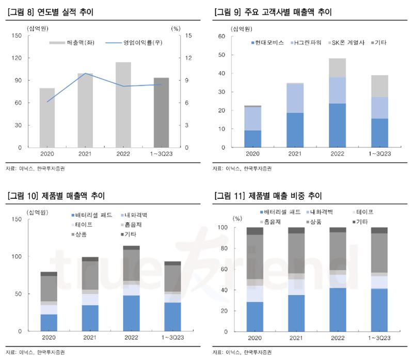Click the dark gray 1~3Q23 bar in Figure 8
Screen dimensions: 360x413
click(161, 113)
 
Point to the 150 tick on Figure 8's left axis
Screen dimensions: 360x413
click(16, 36)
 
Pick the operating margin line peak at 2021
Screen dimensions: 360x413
click(85, 74)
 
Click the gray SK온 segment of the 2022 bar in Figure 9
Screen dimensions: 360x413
click(337, 68)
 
